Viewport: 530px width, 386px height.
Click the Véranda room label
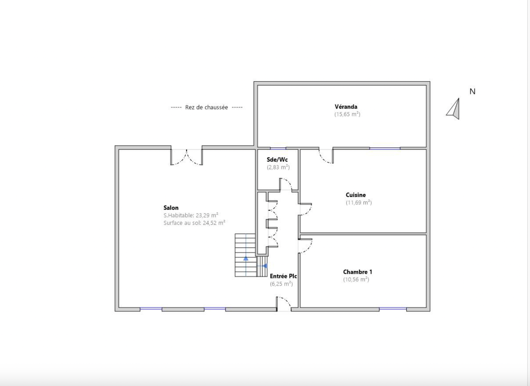[x=346, y=107]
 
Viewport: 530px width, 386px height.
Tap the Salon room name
[x=171, y=208]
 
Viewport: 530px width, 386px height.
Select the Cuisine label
[x=355, y=195]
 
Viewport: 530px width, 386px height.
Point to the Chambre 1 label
[x=357, y=272]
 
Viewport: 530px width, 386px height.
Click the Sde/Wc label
[x=277, y=160]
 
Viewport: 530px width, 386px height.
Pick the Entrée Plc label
[x=283, y=276]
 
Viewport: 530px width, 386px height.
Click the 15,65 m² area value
[x=347, y=114]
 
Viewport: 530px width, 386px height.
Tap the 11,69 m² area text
[x=358, y=202]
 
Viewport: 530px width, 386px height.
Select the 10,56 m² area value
[x=356, y=279]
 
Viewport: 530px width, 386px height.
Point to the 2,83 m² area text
[x=278, y=167]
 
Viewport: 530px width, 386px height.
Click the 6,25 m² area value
[x=281, y=284]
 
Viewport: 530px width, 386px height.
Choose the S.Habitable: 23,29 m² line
[x=191, y=215]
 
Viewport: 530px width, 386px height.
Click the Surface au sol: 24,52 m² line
[x=194, y=223]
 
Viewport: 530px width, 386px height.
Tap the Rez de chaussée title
[x=206, y=107]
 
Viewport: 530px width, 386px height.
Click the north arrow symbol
[x=454, y=109]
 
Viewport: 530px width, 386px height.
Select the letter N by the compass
[x=472, y=91]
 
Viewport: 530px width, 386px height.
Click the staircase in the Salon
[x=248, y=255]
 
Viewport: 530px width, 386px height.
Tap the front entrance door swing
[x=283, y=303]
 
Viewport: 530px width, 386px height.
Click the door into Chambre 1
[x=305, y=246]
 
